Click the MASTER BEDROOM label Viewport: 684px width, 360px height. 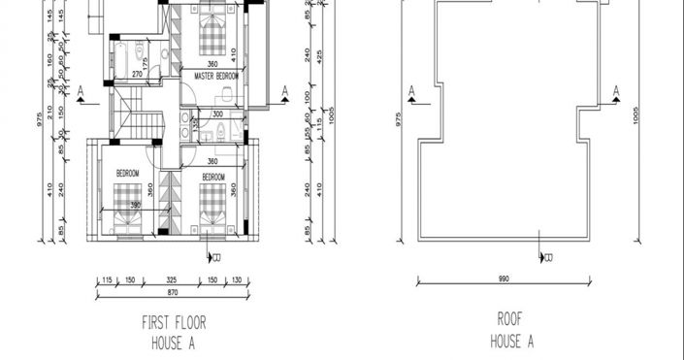click(216, 75)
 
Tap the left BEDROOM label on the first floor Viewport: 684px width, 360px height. click(128, 173)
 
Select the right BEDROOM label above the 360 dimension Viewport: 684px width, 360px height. click(213, 178)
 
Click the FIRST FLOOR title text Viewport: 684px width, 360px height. click(174, 322)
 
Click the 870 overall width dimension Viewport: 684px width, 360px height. click(172, 292)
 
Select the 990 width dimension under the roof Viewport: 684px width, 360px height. click(505, 279)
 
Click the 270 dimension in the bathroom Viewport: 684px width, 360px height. click(138, 73)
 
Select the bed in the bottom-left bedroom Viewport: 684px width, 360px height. click(126, 207)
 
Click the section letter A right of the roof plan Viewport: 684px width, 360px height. click(617, 89)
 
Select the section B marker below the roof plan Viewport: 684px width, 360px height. click(548, 258)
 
